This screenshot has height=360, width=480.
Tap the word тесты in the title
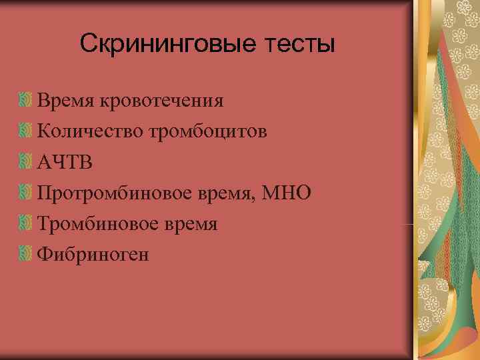click(x=297, y=45)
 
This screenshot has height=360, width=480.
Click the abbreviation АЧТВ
click(x=65, y=162)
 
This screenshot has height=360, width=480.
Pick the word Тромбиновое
click(x=101, y=223)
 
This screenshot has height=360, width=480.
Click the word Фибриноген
click(x=93, y=254)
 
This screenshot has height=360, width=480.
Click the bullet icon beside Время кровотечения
click(x=26, y=101)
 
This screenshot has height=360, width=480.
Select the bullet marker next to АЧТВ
click(x=26, y=163)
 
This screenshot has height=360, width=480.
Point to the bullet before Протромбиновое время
click(x=26, y=193)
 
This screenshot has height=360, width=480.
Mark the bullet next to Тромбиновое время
click(x=26, y=224)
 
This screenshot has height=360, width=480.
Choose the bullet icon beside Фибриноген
click(x=26, y=255)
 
